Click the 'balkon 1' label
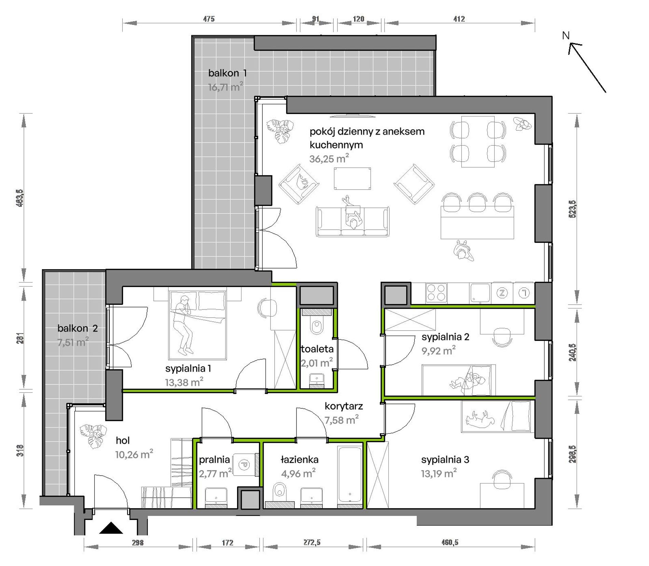point(227,73)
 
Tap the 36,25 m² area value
point(329,159)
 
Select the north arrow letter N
point(566,35)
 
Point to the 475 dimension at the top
point(209,19)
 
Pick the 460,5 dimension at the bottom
point(450,542)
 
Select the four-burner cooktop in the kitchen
point(436,293)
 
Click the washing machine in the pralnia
point(245,464)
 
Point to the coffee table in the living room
point(353,178)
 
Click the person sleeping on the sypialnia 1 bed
point(183,324)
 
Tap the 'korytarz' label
point(344,406)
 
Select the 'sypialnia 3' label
point(445,460)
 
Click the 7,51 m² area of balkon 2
point(73,342)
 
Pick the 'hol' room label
point(123,440)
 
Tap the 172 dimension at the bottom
point(227,542)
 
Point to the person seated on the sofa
point(352,213)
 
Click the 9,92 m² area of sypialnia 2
point(439,351)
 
